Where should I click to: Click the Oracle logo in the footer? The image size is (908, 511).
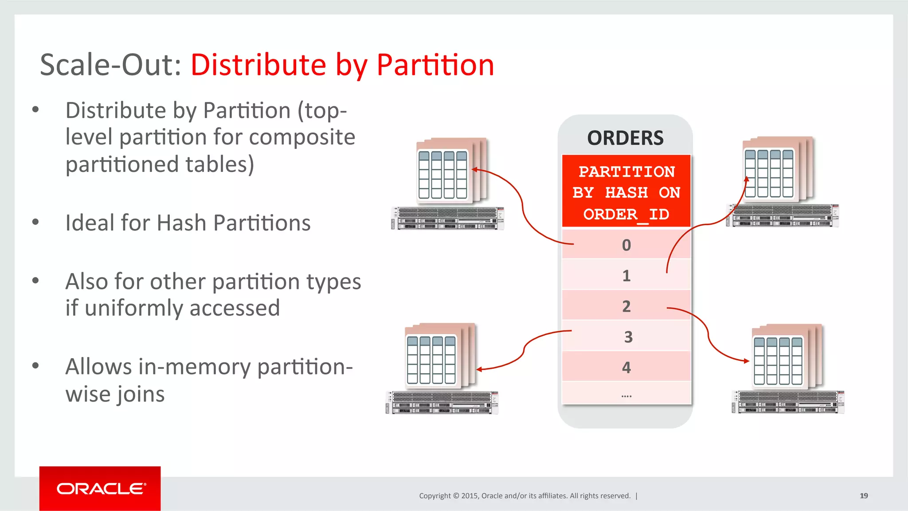click(100, 489)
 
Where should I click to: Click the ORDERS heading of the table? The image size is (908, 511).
click(625, 138)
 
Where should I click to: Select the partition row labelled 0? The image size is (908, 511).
click(626, 245)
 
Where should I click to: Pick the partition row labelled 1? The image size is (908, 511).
click(626, 276)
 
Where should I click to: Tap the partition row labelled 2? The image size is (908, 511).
click(626, 306)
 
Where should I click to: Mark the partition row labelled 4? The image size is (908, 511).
click(626, 367)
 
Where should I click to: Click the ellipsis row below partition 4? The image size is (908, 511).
click(626, 395)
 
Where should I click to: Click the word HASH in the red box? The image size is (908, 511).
click(626, 193)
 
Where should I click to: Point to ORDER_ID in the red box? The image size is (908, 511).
click(626, 215)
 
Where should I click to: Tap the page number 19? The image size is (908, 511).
click(864, 495)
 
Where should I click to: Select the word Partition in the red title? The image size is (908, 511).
click(435, 65)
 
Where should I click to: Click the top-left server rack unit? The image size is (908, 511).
click(447, 218)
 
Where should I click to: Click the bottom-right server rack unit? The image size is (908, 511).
click(788, 402)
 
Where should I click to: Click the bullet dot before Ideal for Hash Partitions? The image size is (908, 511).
click(36, 222)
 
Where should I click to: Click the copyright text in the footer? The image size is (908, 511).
click(524, 495)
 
